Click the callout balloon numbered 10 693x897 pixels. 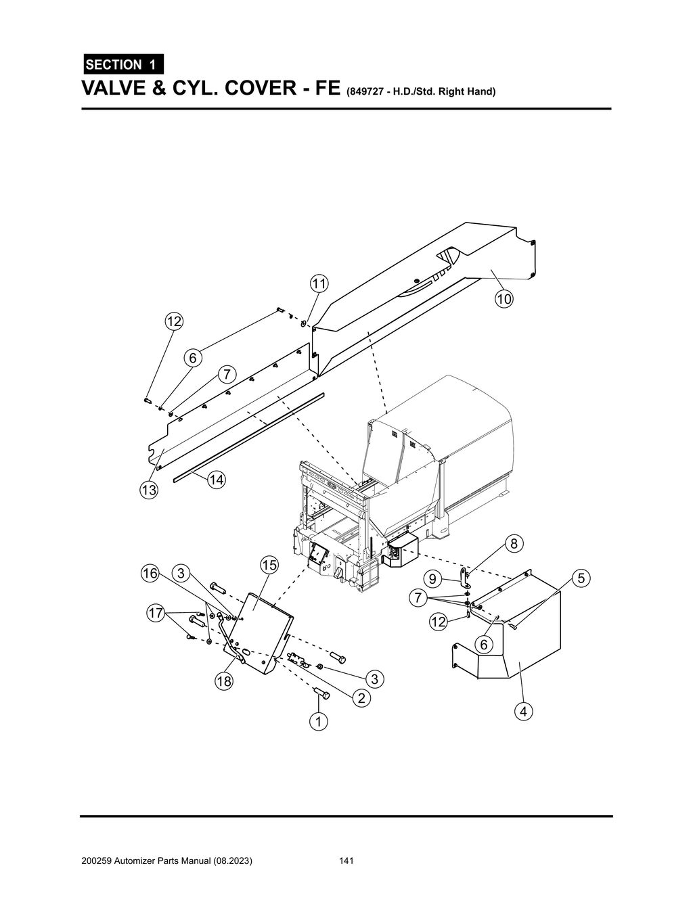point(504,299)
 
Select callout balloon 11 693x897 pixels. point(319,283)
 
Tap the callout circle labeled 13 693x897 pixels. point(149,490)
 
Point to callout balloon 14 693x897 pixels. point(216,480)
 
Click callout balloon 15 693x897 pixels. point(269,565)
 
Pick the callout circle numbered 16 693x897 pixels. point(150,574)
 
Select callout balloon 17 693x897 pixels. point(156,614)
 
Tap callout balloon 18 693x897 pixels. point(223,681)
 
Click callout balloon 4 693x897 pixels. point(522,711)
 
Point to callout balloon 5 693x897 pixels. point(581,578)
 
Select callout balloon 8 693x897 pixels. point(514,543)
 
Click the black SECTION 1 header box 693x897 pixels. point(122,64)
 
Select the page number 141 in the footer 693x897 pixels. point(346,861)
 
